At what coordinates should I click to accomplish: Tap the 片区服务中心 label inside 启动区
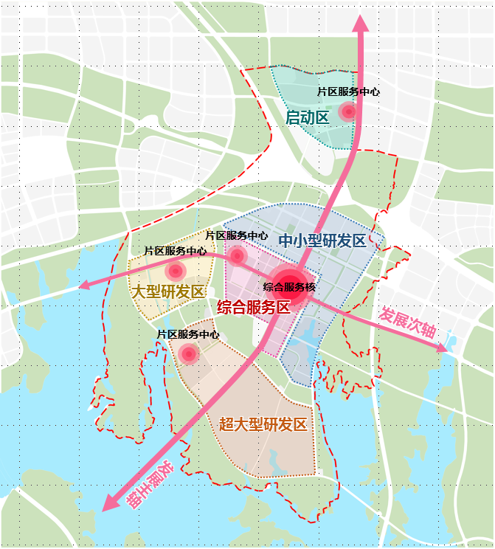point(348,92)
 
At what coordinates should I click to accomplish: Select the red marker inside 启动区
point(347,112)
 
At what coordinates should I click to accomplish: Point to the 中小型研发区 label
point(322,241)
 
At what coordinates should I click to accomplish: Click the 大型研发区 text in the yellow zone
point(167,291)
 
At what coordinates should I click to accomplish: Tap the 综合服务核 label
point(289,286)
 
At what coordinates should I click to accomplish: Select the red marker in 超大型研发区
point(189,354)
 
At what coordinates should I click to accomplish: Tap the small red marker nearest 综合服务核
point(237,256)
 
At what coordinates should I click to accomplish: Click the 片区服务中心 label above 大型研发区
point(175,251)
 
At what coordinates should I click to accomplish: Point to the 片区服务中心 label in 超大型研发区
point(188,334)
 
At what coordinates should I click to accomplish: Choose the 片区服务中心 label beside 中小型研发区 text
point(237,235)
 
